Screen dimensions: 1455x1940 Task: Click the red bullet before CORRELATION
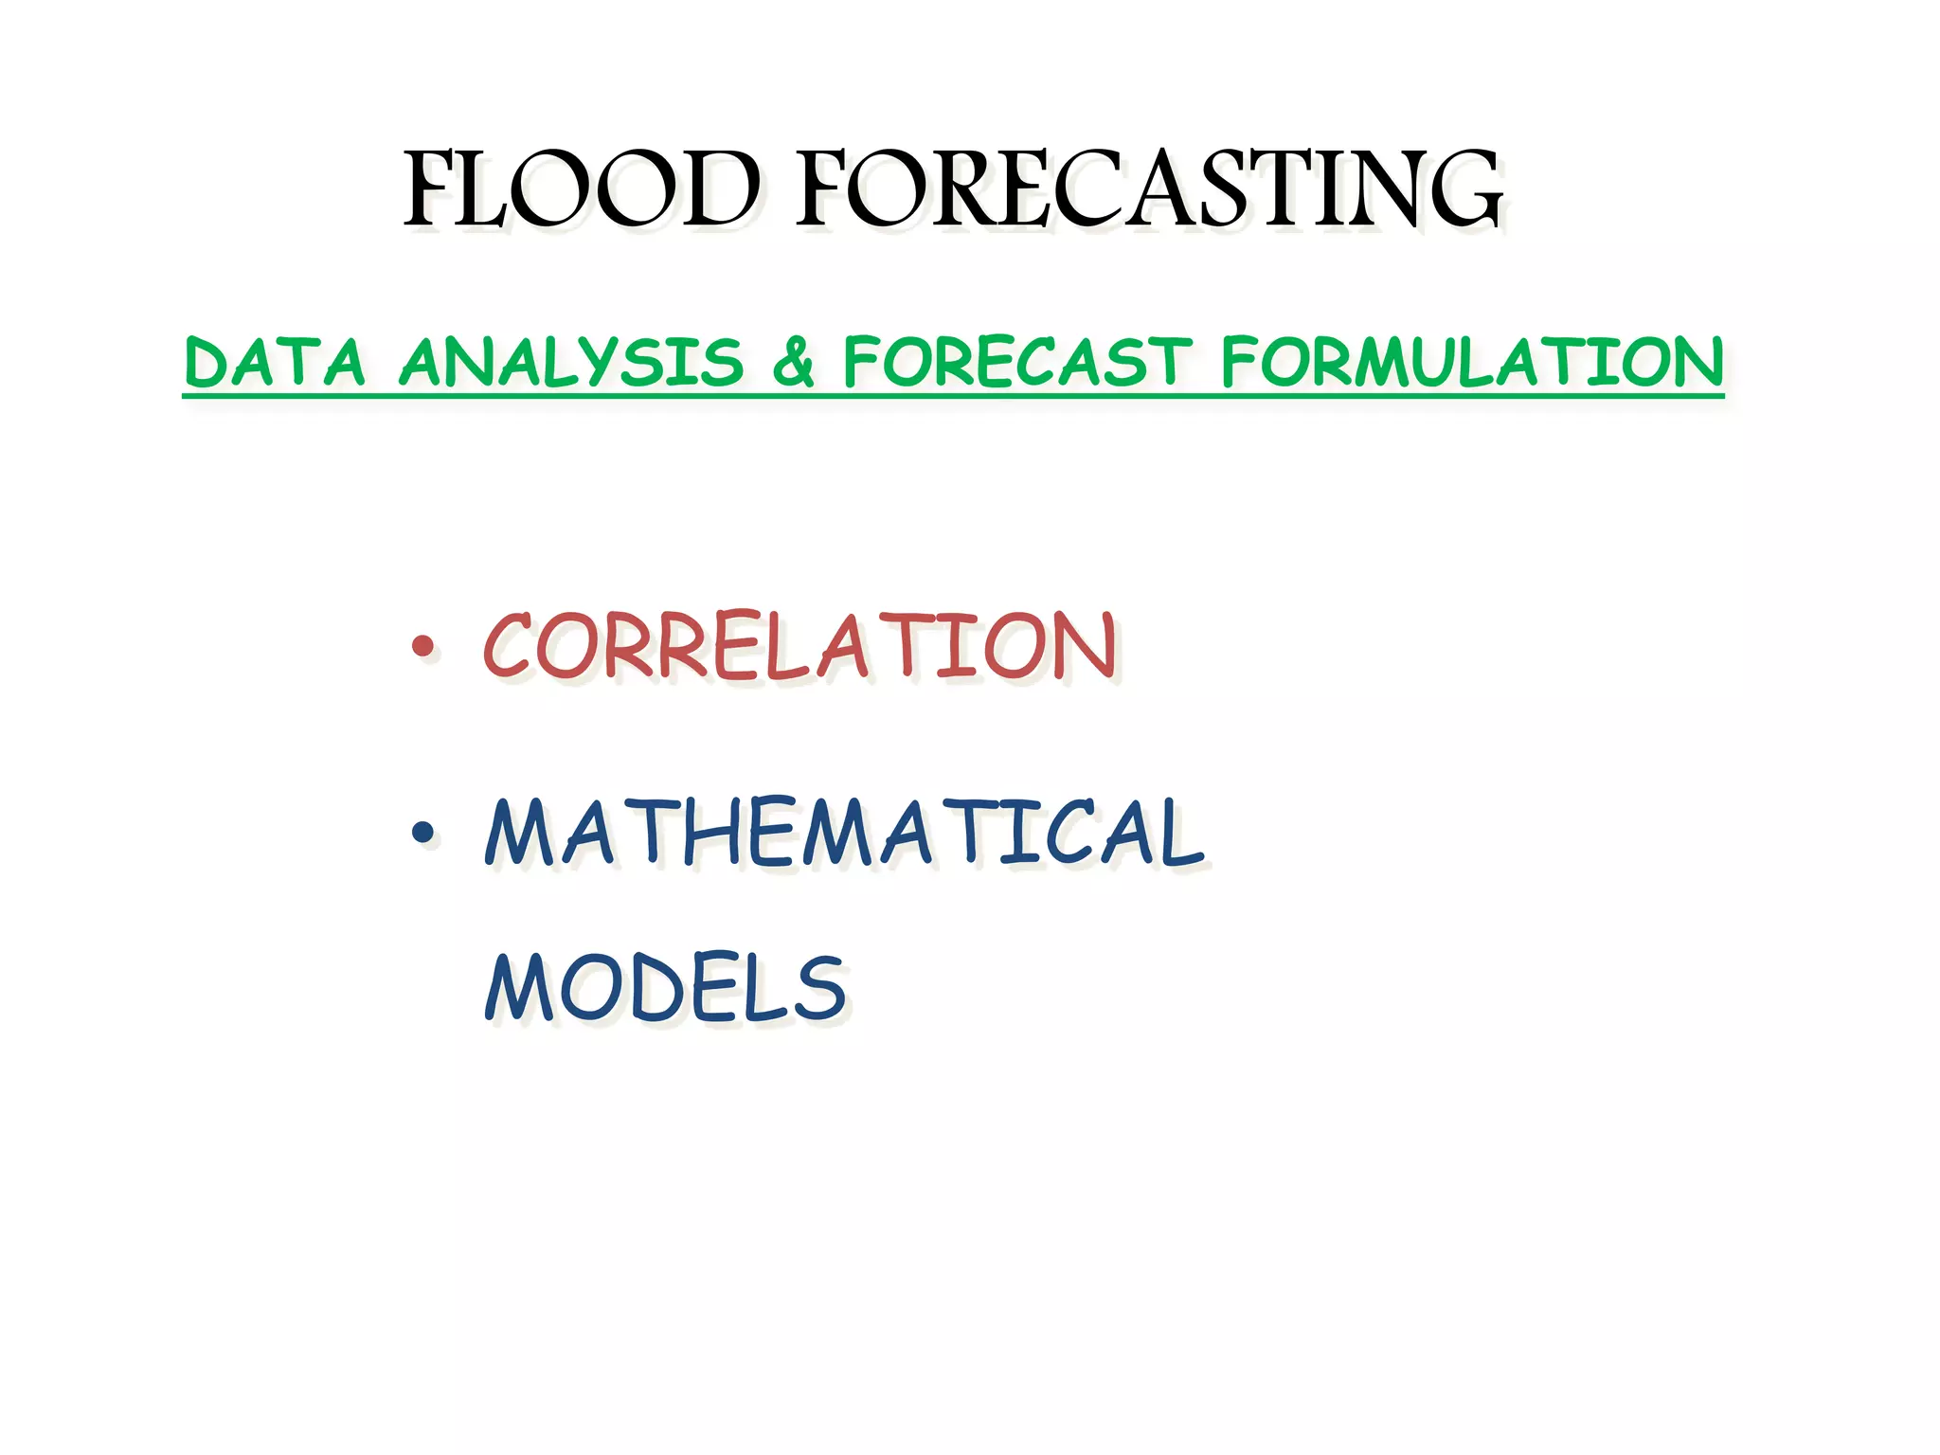click(x=422, y=647)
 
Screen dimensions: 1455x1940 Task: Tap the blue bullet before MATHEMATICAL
click(x=422, y=833)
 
